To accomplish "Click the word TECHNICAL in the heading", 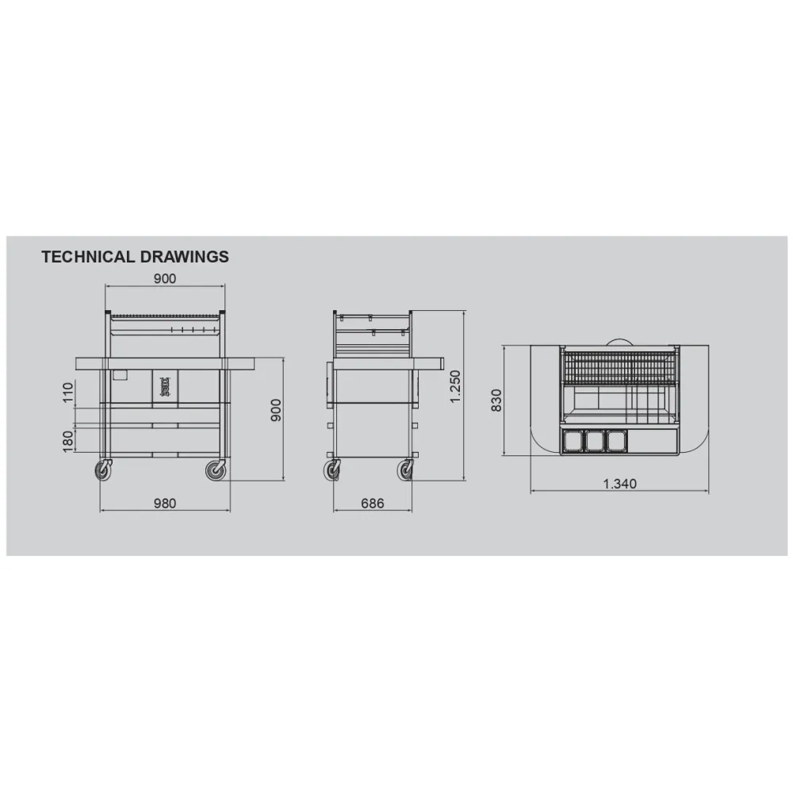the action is (x=89, y=257).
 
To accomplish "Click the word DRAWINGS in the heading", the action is (x=185, y=257).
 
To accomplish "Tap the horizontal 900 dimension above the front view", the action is (x=165, y=278).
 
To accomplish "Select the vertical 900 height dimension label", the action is (x=276, y=410).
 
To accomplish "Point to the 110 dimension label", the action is (x=68, y=393).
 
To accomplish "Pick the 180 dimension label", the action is (x=68, y=442).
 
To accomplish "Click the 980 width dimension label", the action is (x=165, y=504).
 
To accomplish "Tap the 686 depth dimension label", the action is (x=373, y=504).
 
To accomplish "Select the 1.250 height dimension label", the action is (x=456, y=387).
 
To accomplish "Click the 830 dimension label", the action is (x=496, y=400).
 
